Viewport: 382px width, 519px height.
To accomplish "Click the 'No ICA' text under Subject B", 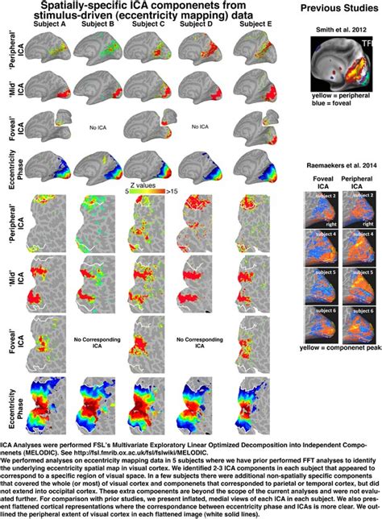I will [x=100, y=127].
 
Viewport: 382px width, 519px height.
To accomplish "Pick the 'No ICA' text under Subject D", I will [x=198, y=127].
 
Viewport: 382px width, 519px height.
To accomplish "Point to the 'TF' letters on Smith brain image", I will [x=367, y=40].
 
